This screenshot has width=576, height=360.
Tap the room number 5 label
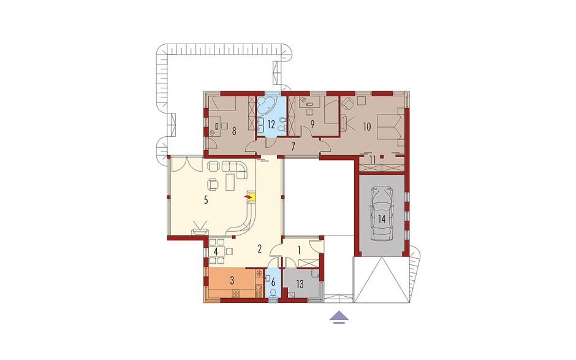tap(206, 200)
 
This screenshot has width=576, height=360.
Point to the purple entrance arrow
tap(339, 317)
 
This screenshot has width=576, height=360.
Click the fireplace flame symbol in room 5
tap(249, 198)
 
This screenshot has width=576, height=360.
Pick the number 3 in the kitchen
tap(232, 280)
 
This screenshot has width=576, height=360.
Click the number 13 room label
tap(300, 284)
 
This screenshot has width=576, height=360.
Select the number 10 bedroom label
tap(366, 127)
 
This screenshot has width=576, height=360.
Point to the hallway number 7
tap(293, 147)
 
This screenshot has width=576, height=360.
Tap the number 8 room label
tap(234, 131)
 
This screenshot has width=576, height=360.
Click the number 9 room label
tap(313, 124)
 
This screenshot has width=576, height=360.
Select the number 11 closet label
tap(373, 160)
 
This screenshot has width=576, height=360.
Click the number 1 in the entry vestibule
tap(299, 251)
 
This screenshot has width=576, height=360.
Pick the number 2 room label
tap(259, 248)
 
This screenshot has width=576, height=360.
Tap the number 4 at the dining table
tap(216, 252)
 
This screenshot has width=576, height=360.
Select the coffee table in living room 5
tap(230, 182)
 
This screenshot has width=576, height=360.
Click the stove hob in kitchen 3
tap(235, 293)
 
